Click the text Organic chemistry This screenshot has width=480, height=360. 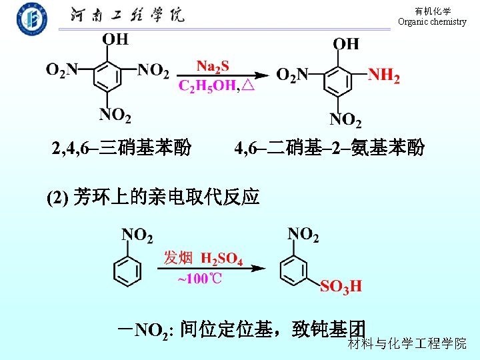click(432, 22)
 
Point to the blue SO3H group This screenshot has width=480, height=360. click(341, 287)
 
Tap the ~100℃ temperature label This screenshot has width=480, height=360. click(199, 279)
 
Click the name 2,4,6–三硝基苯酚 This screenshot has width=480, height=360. click(122, 147)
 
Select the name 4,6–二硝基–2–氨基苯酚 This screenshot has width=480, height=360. click(329, 147)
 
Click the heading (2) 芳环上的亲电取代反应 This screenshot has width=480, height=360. click(153, 197)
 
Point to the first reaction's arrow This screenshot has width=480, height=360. click(223, 75)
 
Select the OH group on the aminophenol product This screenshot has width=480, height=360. click(345, 44)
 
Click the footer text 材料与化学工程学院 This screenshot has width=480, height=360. click(407, 343)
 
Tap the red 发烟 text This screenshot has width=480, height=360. click(178, 258)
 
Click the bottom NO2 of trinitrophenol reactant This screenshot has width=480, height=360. click(115, 115)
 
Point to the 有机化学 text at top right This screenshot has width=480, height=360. click(432, 11)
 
